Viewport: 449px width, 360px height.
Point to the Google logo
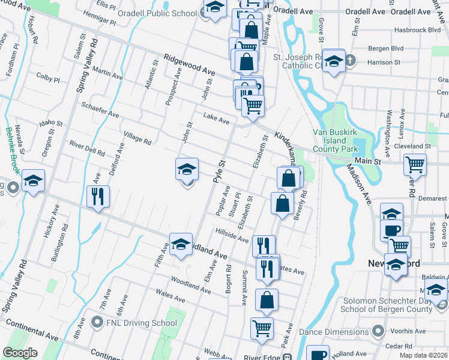point(20,353)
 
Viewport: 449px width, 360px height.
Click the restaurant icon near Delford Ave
point(98,196)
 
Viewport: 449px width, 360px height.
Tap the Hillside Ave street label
point(232,235)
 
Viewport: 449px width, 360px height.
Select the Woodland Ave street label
point(190,284)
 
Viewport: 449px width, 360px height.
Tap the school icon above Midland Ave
point(181,244)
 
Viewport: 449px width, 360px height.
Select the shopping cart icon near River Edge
point(262,328)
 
